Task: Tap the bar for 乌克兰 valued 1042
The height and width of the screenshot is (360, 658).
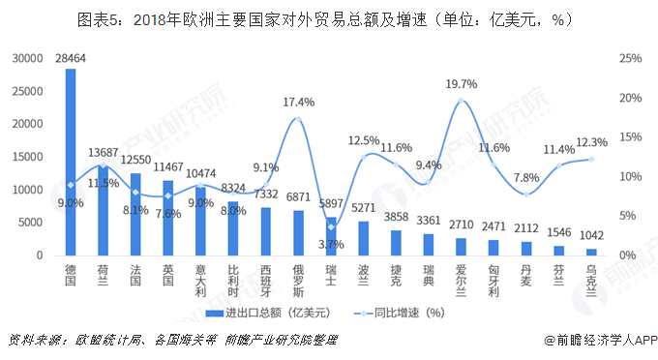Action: point(591,252)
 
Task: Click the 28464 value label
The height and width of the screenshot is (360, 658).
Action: point(71,59)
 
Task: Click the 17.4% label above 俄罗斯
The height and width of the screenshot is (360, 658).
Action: point(299,102)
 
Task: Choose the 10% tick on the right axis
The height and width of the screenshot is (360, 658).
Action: point(630,176)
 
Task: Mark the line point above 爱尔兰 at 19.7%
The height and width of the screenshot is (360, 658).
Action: point(462,100)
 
